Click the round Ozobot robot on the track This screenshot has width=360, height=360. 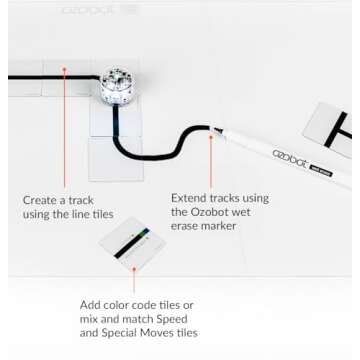116,86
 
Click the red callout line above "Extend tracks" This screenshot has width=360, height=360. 211,160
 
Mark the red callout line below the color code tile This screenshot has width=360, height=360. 133,279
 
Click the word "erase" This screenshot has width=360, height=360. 187,226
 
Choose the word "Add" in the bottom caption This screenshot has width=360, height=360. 92,305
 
